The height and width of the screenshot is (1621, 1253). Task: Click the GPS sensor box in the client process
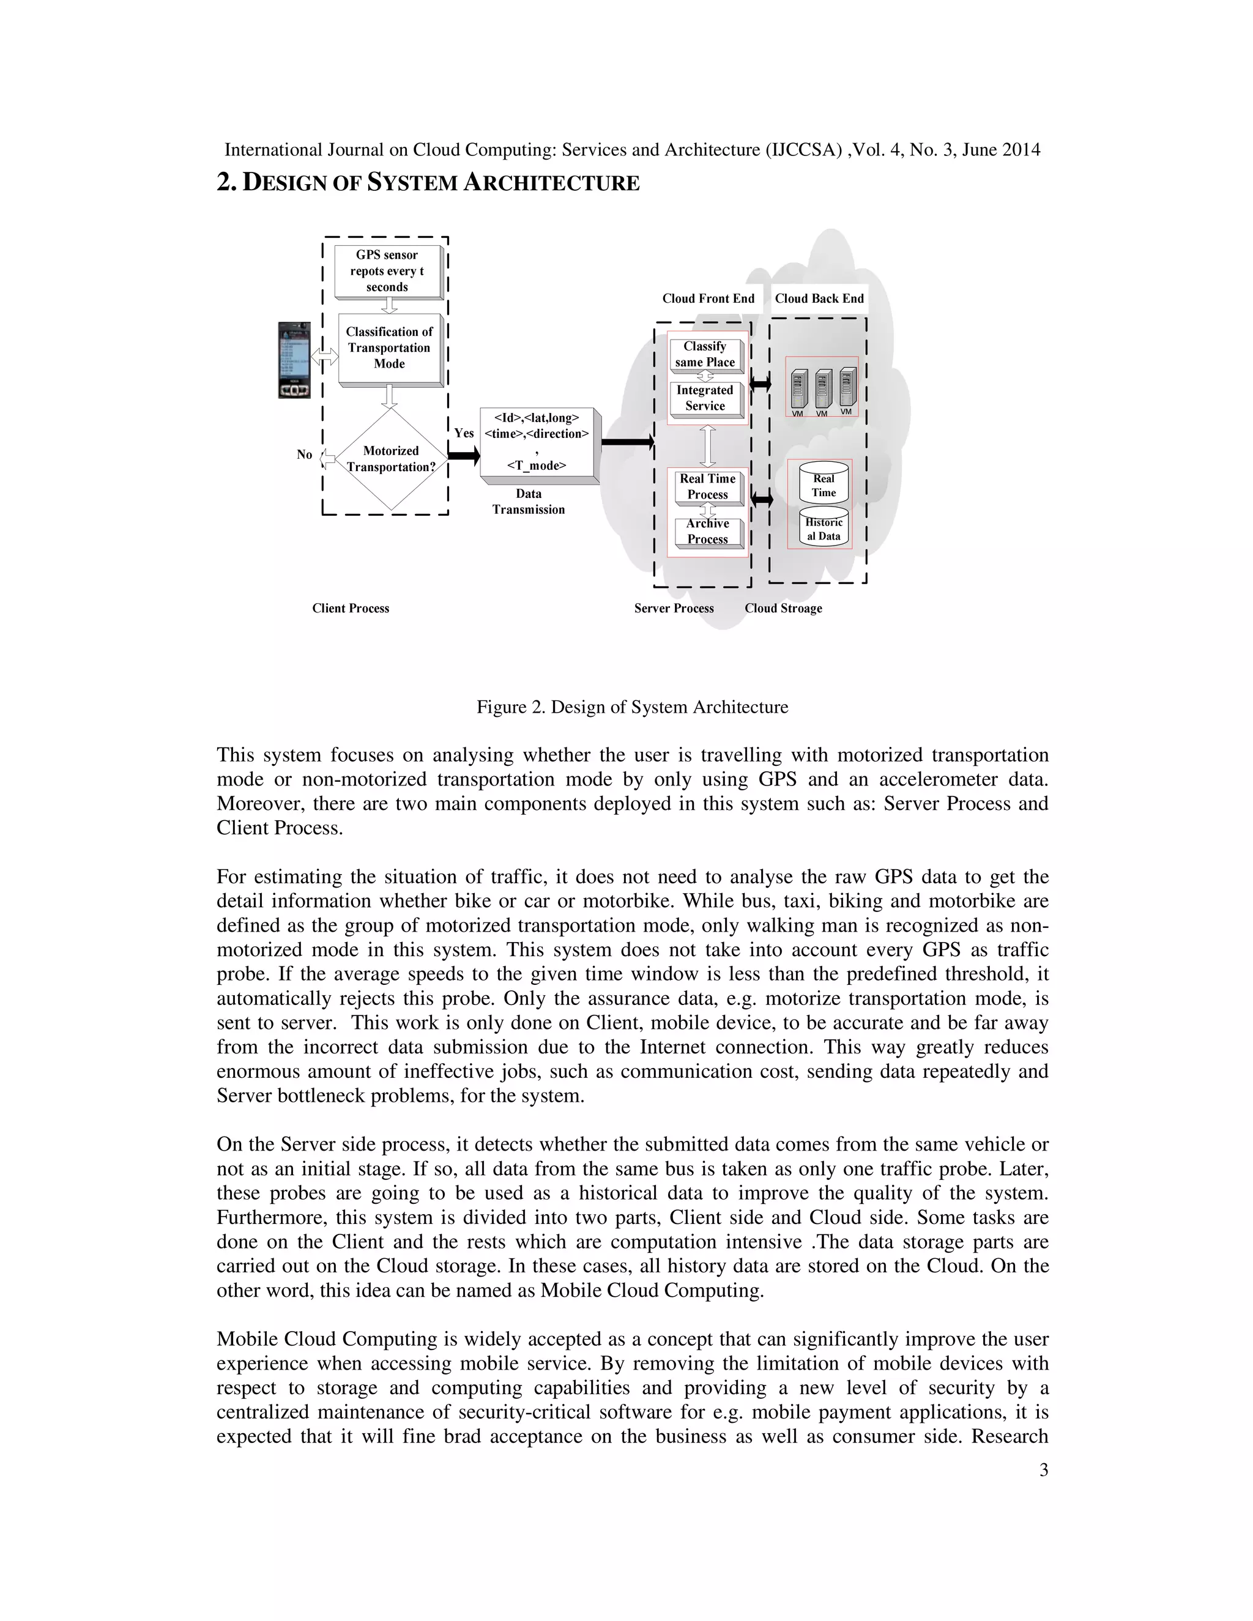(387, 271)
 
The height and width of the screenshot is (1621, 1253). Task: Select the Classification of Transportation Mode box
(389, 348)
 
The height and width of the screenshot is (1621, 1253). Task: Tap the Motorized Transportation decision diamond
(390, 459)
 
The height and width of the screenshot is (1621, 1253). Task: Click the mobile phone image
(296, 360)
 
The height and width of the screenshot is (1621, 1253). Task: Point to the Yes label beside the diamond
(464, 432)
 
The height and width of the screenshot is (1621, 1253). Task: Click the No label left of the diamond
(304, 454)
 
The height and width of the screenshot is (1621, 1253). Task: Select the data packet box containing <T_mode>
(537, 442)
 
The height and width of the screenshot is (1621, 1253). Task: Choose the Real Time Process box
(707, 487)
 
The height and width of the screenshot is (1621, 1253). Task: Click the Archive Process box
(707, 532)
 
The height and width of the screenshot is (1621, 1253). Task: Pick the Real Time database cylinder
(824, 484)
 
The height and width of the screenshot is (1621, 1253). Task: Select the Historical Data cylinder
(824, 529)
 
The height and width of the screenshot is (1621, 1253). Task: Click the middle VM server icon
(822, 389)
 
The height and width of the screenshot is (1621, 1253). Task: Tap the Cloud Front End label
(708, 299)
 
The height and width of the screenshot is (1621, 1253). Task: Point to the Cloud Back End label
(819, 299)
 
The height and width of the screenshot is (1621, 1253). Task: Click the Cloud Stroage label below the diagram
(783, 609)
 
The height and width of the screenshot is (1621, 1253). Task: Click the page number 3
(1044, 1471)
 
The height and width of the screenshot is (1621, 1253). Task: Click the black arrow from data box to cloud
(626, 443)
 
